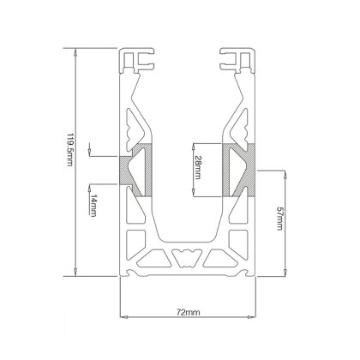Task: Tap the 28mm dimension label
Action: pos(198,166)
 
